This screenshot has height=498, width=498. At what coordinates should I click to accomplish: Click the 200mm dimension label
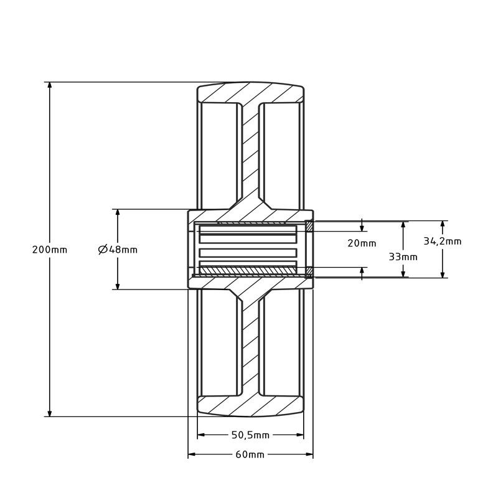click(x=50, y=250)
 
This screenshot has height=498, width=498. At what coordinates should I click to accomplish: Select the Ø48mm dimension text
click(x=118, y=250)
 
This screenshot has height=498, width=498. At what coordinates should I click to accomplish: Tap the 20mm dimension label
click(x=362, y=243)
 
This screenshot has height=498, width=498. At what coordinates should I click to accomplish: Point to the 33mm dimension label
click(x=403, y=256)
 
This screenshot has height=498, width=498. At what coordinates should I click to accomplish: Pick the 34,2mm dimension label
click(x=443, y=242)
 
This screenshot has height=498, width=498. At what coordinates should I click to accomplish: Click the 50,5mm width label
click(x=251, y=435)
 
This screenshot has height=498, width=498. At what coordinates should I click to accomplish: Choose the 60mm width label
click(x=250, y=455)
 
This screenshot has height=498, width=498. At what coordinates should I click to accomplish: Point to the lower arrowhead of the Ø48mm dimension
click(x=118, y=286)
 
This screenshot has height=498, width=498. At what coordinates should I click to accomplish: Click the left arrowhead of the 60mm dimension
click(x=192, y=454)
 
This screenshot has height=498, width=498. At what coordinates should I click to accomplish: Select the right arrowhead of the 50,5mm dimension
click(x=300, y=435)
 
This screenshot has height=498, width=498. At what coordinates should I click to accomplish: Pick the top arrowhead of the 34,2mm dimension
click(x=443, y=225)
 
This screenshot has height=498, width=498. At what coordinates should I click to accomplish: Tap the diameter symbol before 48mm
click(x=103, y=250)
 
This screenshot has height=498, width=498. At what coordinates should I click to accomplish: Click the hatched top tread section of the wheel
click(x=251, y=93)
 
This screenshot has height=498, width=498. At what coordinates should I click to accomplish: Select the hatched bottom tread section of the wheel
click(x=251, y=406)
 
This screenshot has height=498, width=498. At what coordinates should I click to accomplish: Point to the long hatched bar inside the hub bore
click(x=248, y=270)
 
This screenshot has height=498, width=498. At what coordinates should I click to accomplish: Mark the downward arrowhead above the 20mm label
click(x=362, y=227)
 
